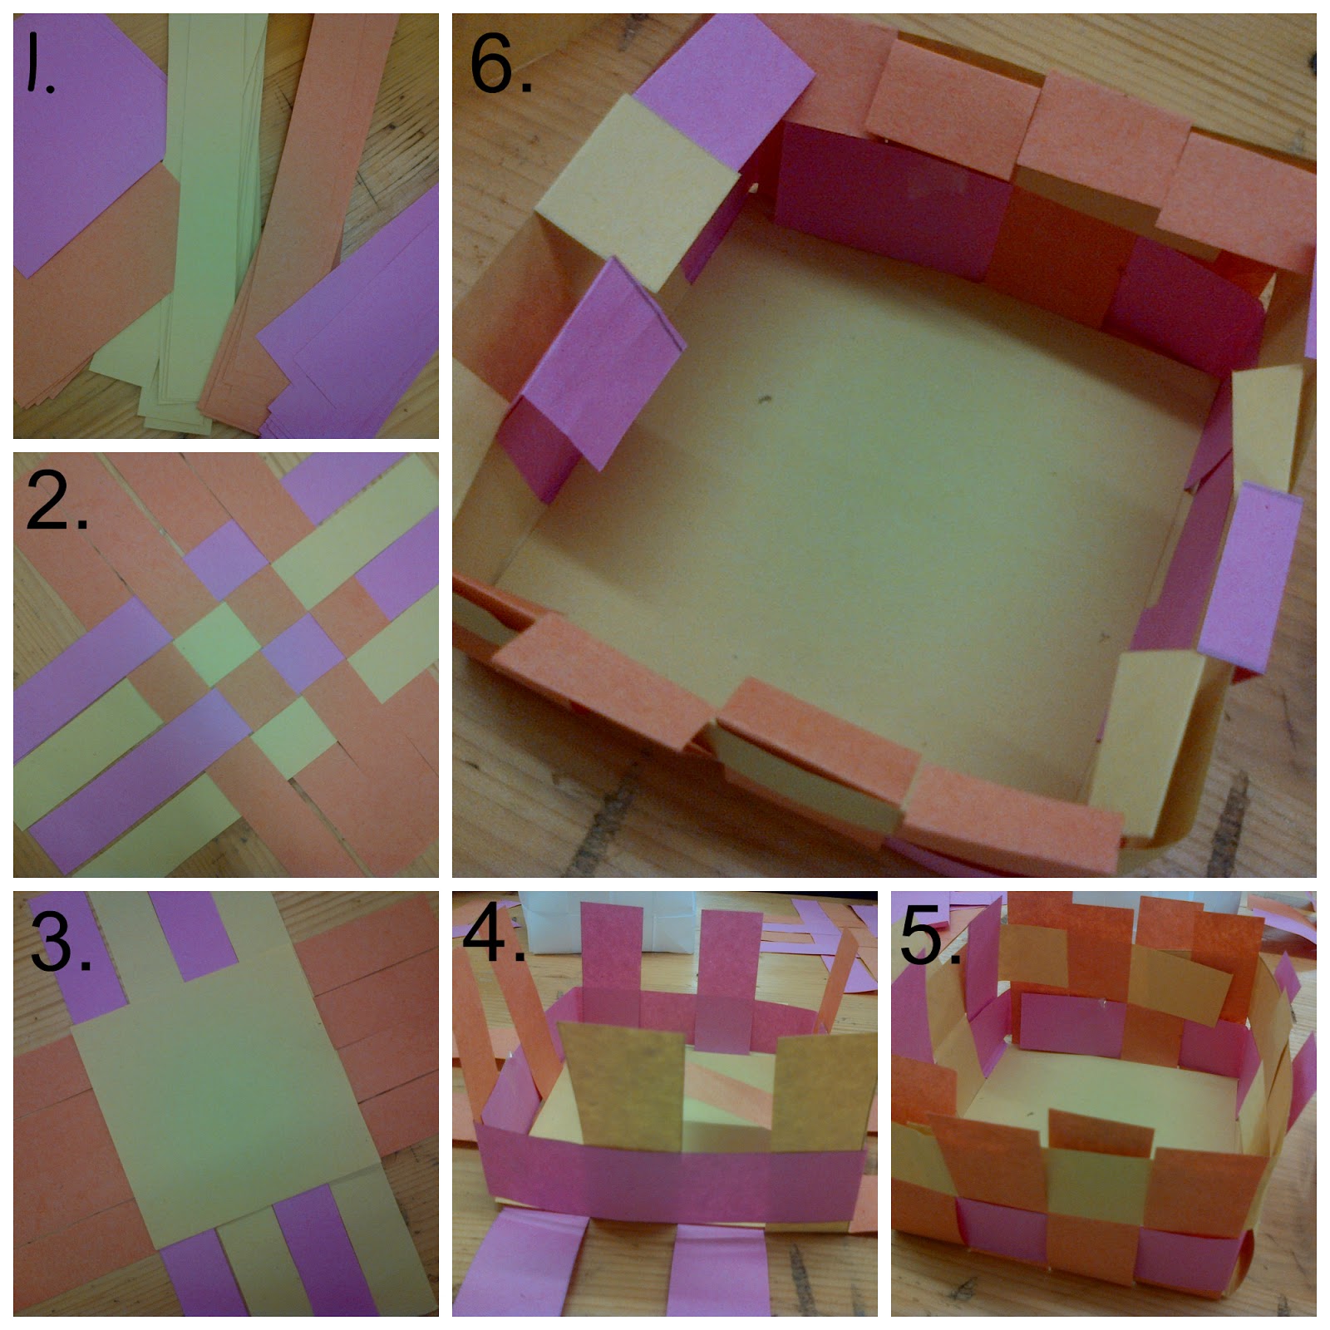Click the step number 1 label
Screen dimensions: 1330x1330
coord(39,62)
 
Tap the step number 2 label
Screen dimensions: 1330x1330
coord(56,500)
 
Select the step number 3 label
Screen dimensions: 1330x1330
coord(60,941)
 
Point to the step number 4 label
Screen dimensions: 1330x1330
coord(492,935)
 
